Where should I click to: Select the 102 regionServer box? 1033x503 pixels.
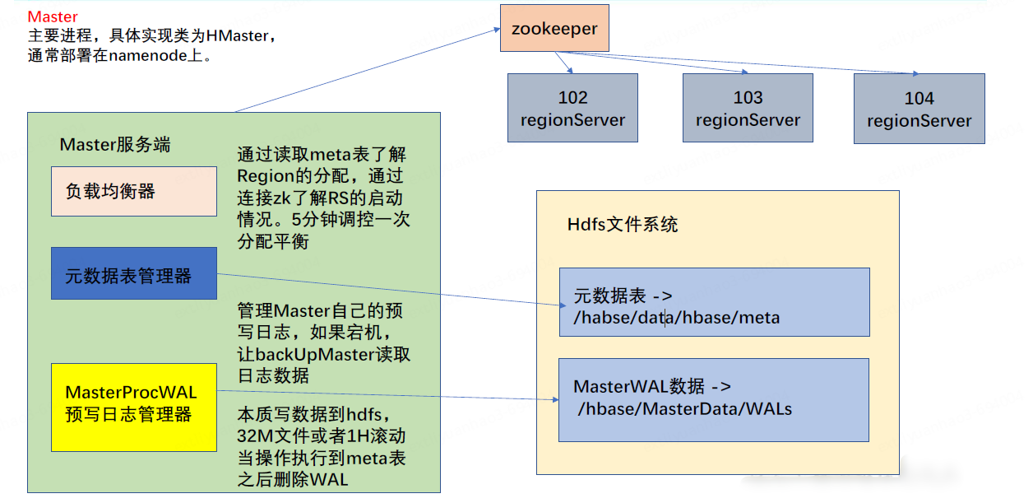572,109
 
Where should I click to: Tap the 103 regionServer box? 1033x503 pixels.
748,109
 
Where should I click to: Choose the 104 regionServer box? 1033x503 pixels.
919,109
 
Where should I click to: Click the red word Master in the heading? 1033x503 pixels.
53,16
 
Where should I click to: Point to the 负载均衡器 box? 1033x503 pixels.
134,192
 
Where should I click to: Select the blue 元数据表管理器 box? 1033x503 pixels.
134,273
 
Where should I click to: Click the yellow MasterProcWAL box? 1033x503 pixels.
134,407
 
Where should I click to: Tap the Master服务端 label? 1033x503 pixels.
115,145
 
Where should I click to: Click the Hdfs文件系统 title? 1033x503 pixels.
623,225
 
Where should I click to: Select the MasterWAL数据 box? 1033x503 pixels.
713,399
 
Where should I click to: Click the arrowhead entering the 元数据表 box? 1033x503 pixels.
555,305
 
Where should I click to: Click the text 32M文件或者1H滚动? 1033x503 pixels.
321,436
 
